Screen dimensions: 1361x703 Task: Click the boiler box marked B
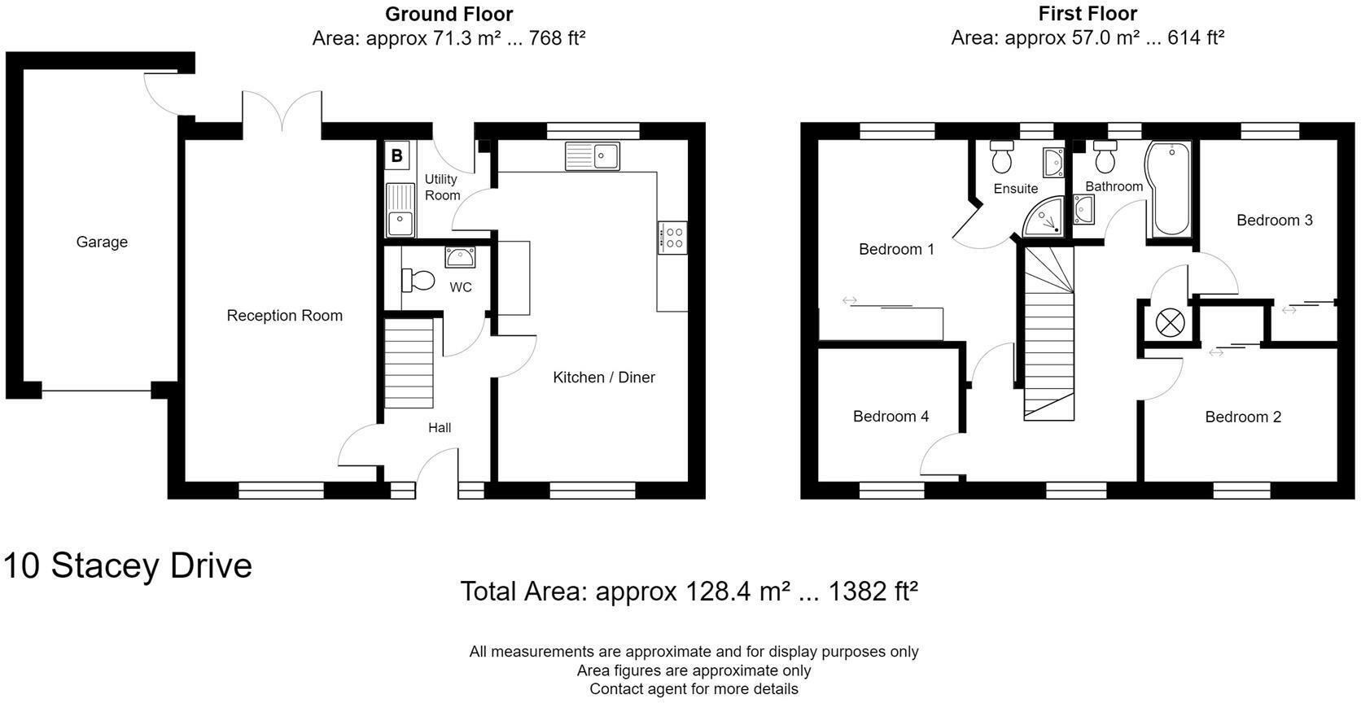[x=396, y=156]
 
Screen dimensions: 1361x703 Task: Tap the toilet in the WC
[x=418, y=281]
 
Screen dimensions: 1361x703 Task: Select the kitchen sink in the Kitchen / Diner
[x=593, y=156]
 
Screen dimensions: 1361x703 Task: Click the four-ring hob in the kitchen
[x=672, y=238]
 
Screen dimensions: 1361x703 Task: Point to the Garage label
[x=102, y=242]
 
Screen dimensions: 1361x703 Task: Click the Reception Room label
[x=284, y=316]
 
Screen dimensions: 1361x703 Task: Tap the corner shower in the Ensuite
[x=1044, y=216]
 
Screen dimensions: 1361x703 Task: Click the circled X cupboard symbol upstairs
[x=1170, y=323]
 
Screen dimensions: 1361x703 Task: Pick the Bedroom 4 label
[x=891, y=417]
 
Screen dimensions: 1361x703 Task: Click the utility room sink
[x=400, y=210]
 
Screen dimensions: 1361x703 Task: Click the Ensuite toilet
[x=1002, y=156]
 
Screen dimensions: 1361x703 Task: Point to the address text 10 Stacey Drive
[x=128, y=565]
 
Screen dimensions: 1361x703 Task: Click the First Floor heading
[x=1087, y=13]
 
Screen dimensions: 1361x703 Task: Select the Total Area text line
[x=689, y=592]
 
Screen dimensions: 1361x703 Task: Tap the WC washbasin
[x=460, y=257]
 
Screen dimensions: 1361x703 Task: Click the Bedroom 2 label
[x=1243, y=417]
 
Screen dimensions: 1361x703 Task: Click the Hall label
[x=440, y=428]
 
